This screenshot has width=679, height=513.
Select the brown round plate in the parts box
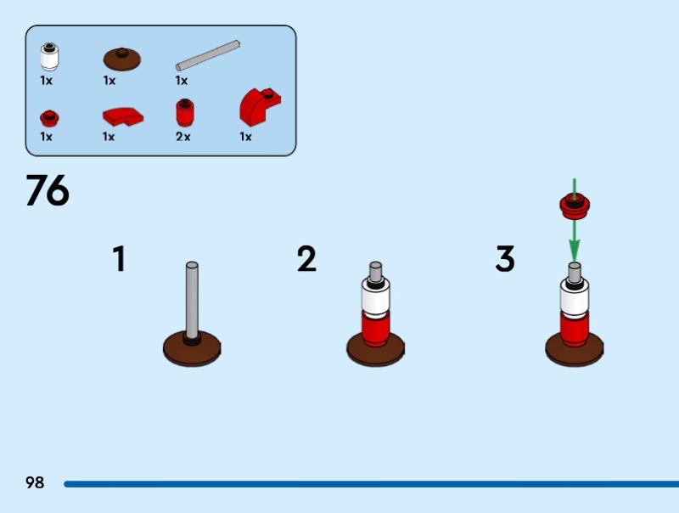(x=122, y=58)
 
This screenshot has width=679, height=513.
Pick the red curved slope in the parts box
(x=122, y=116)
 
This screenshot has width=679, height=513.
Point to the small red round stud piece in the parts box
(x=48, y=116)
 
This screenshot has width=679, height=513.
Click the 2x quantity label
(x=183, y=136)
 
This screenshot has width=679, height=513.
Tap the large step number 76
(x=48, y=191)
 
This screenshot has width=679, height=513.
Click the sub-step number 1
(x=120, y=259)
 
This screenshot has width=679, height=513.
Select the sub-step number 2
(x=306, y=259)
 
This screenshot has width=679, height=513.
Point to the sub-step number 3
(x=505, y=259)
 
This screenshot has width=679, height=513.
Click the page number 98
(x=35, y=482)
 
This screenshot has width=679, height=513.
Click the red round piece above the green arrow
(x=575, y=204)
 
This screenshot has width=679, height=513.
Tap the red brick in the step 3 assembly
(x=574, y=327)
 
